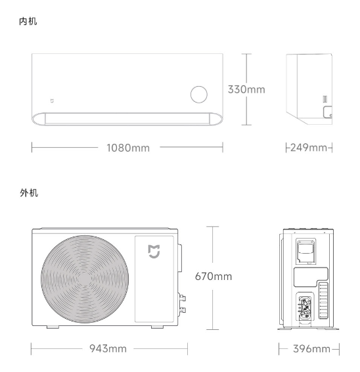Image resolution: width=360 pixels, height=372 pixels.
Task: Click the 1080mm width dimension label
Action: [x=128, y=148]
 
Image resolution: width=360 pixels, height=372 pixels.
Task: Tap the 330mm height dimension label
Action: [x=246, y=89]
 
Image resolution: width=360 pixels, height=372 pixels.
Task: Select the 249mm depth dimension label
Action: [x=309, y=148]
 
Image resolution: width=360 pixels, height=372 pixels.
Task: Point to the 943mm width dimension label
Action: [x=108, y=348]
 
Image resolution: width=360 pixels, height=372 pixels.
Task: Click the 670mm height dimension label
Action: [x=214, y=277]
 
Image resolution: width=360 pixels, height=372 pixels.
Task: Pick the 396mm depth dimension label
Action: [x=311, y=349]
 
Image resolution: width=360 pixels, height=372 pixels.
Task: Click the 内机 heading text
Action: [x=28, y=21]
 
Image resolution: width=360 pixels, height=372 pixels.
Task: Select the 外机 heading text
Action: [x=29, y=193]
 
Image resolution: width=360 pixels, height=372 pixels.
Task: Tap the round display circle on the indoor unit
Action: [x=199, y=95]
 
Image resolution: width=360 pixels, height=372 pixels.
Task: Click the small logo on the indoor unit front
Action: [x=52, y=101]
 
